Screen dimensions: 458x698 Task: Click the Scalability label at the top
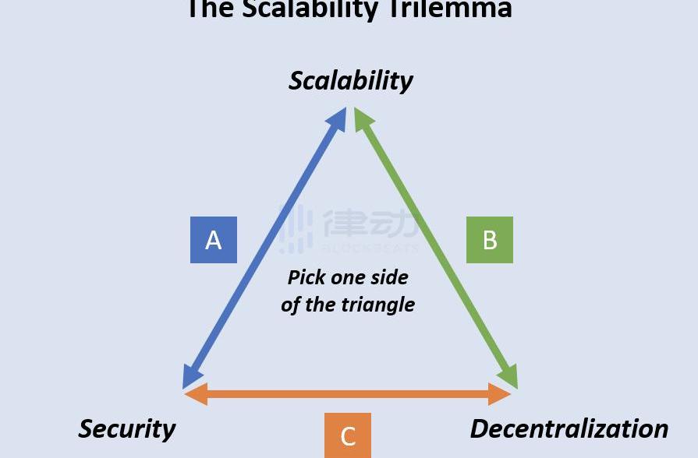pyautogui.click(x=351, y=80)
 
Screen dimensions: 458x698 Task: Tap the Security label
pyautogui.click(x=127, y=428)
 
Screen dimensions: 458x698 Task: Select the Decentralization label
pyautogui.click(x=569, y=428)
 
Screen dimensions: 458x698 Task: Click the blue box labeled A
pyautogui.click(x=214, y=240)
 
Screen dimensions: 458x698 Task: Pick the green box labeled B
pyautogui.click(x=490, y=240)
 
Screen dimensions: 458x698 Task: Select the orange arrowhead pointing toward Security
pyautogui.click(x=194, y=394)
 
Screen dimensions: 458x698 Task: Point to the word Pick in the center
pyautogui.click(x=306, y=277)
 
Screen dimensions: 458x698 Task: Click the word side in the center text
pyautogui.click(x=391, y=277)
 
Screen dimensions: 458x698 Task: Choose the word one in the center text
pyautogui.click(x=348, y=277)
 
